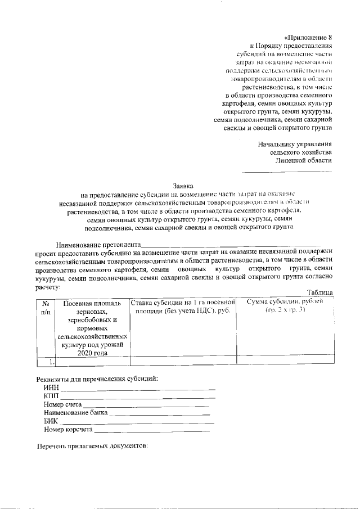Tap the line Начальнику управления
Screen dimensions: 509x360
pyautogui.click(x=295, y=144)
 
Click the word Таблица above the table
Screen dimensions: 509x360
pyautogui.click(x=319, y=292)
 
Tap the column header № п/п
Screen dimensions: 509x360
pyautogui.click(x=46, y=307)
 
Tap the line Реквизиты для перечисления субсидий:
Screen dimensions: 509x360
pyautogui.click(x=97, y=377)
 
